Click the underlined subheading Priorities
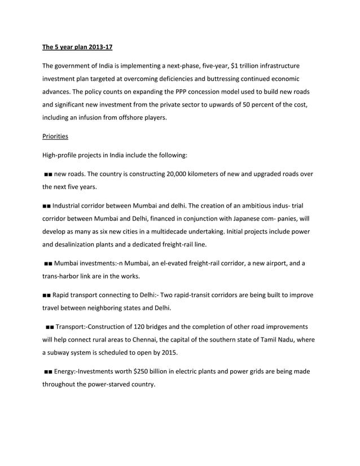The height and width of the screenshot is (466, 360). (55, 136)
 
